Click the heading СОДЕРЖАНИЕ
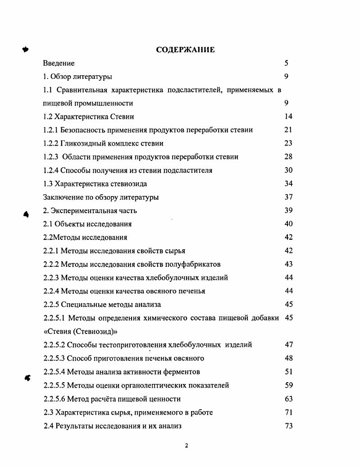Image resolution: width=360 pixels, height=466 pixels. point(185,50)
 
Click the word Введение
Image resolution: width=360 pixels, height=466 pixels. point(59,63)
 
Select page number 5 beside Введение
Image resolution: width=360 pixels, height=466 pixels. point(286,63)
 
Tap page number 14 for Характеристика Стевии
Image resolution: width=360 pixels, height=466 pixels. point(288,116)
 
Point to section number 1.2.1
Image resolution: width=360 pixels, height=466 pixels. point(51,130)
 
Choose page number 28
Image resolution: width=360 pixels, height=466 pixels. point(288,157)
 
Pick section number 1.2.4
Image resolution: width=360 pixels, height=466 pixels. point(51,170)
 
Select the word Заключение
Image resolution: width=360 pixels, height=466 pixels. point(63,197)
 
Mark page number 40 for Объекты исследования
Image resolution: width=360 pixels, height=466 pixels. point(288,224)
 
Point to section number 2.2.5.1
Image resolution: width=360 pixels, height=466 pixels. point(55,318)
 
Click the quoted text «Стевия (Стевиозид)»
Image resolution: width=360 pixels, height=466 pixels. point(80,332)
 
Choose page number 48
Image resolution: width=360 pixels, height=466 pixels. point(288,358)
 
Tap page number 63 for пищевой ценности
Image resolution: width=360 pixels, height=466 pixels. point(288,399)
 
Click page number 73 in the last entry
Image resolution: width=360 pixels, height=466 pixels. point(288,426)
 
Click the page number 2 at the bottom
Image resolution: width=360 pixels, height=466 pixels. point(187,446)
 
